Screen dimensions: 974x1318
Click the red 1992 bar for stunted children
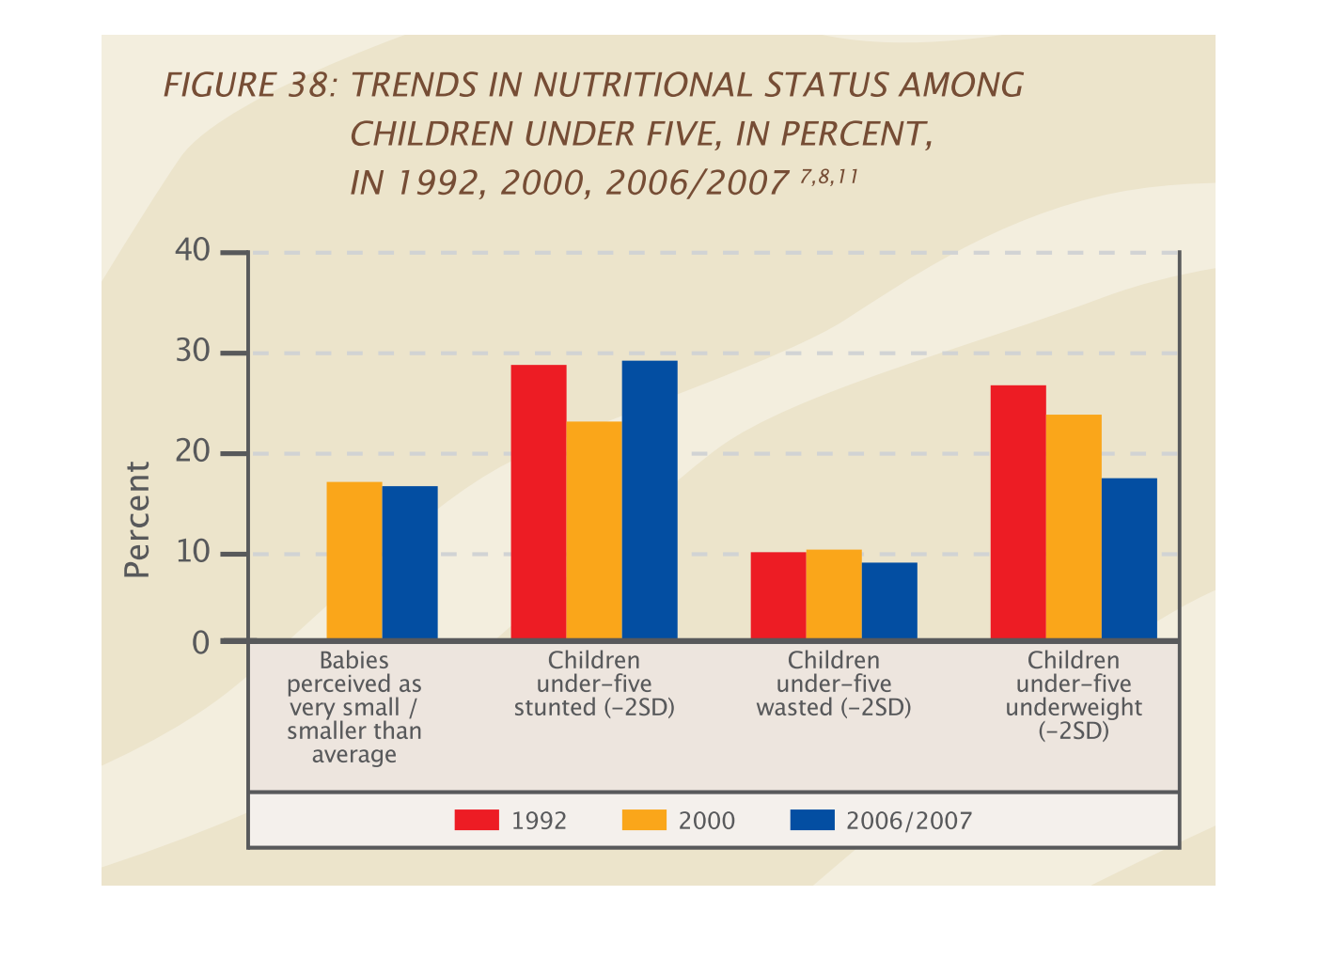(539, 502)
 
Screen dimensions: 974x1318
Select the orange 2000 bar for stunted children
(594, 530)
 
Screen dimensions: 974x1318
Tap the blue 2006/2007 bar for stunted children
(650, 500)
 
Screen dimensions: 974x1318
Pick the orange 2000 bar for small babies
(354, 560)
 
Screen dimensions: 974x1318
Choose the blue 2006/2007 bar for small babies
(410, 562)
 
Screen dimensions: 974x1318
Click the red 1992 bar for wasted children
(778, 595)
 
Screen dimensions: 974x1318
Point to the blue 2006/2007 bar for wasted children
(889, 601)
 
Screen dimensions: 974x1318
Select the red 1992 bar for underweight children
(1018, 512)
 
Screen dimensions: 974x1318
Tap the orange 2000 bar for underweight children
(1074, 526)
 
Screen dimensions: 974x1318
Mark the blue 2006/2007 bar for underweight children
(1129, 558)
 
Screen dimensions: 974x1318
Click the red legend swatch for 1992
(477, 820)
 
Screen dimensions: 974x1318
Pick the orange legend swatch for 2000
(644, 820)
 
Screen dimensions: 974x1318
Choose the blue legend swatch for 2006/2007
(812, 820)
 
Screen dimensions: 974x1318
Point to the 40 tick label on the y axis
(192, 251)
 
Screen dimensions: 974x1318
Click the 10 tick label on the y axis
(192, 552)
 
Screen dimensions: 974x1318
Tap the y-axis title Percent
(137, 519)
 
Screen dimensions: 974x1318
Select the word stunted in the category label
(555, 708)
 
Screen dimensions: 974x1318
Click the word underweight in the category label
(1074, 708)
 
